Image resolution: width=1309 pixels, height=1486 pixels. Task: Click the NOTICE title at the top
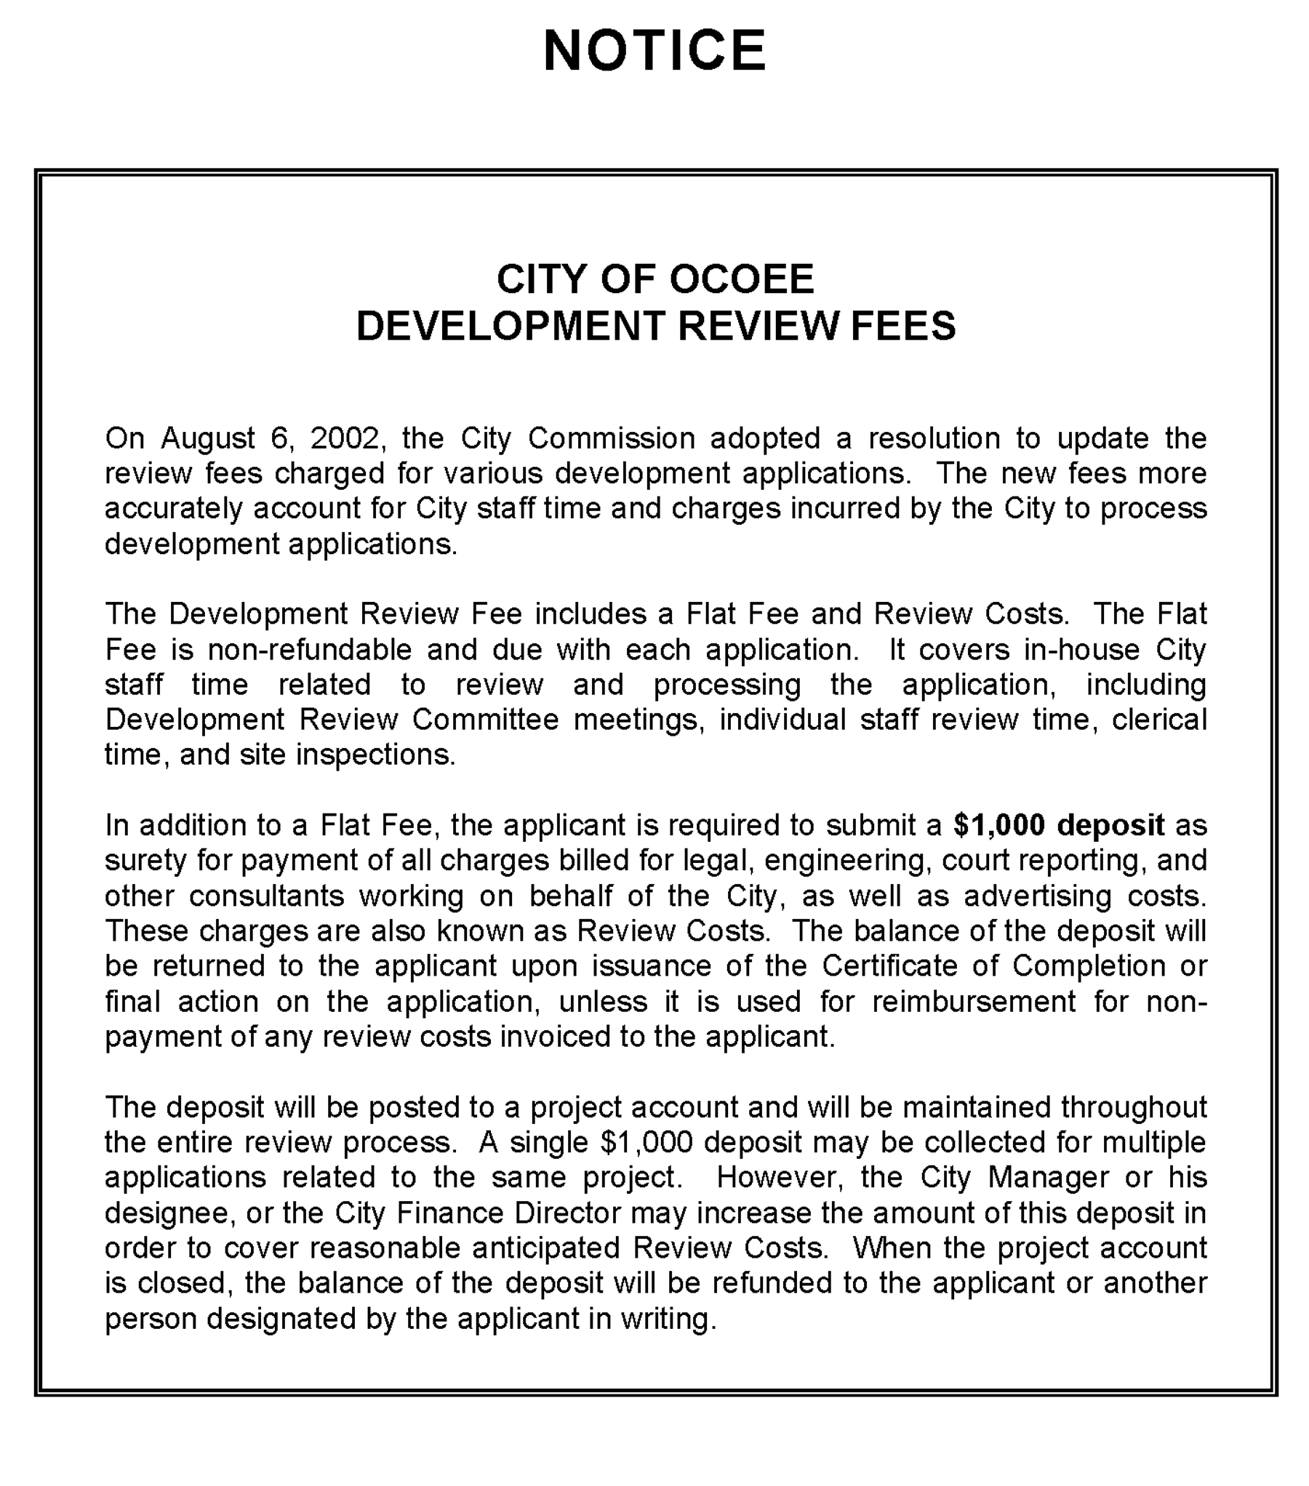click(654, 51)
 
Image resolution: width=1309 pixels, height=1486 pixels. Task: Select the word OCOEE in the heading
click(741, 280)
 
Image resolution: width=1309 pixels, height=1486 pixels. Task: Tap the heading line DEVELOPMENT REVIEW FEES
click(655, 326)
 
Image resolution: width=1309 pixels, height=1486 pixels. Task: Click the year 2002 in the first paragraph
click(344, 438)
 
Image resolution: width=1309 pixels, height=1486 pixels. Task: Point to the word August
click(207, 438)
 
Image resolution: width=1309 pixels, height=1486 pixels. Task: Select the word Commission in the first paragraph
click(611, 438)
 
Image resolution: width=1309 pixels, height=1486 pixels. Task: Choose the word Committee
click(485, 720)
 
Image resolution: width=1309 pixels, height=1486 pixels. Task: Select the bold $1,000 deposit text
click(1059, 825)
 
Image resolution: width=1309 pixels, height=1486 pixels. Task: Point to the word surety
click(145, 860)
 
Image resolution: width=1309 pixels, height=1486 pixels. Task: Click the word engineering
click(847, 860)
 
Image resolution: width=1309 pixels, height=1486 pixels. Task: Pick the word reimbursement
click(973, 1002)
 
